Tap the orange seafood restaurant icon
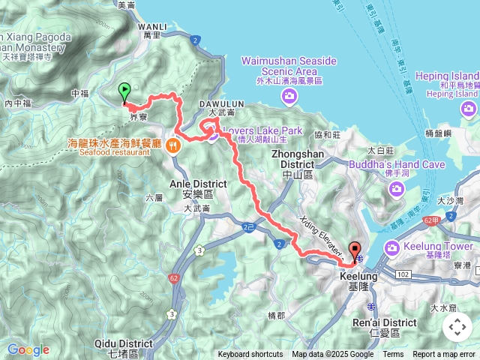pos(174,147)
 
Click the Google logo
pos(28,349)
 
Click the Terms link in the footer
pos(393,355)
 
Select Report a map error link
pos(445,355)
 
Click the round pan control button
pos(457,326)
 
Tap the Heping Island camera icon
pos(469,110)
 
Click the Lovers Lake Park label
pos(262,130)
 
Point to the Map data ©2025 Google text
pos(333,355)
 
